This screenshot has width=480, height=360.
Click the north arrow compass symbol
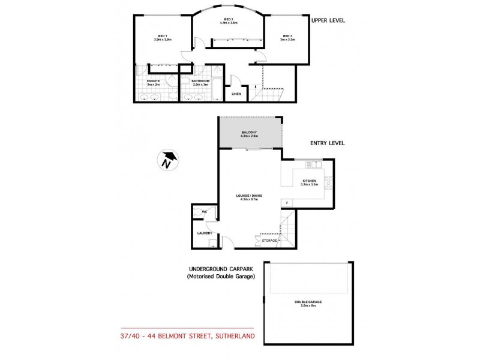[168, 160]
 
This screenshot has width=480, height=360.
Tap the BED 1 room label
[162, 36]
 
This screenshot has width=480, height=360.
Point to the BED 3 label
[287, 36]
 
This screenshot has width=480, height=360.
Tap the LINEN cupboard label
[236, 94]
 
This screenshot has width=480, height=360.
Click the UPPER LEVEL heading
[328, 20]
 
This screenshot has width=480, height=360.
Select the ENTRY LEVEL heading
[327, 143]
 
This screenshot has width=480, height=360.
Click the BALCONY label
[250, 132]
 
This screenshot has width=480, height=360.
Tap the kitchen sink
[314, 164]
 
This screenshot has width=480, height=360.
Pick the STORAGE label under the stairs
[269, 240]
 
